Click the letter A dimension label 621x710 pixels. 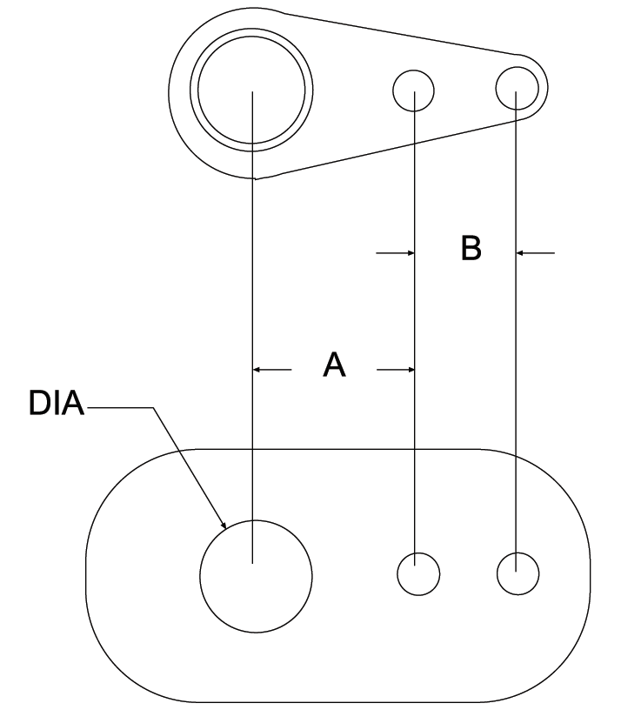[334, 365]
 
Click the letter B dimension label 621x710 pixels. [471, 248]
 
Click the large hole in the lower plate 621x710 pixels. [256, 576]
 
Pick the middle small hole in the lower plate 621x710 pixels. [417, 573]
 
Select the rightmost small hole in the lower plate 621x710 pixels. [517, 573]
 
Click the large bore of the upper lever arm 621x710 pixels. [252, 90]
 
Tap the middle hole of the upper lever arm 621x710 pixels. [414, 89]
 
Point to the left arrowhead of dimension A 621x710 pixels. [258, 370]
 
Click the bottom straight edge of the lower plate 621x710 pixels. [339, 701]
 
